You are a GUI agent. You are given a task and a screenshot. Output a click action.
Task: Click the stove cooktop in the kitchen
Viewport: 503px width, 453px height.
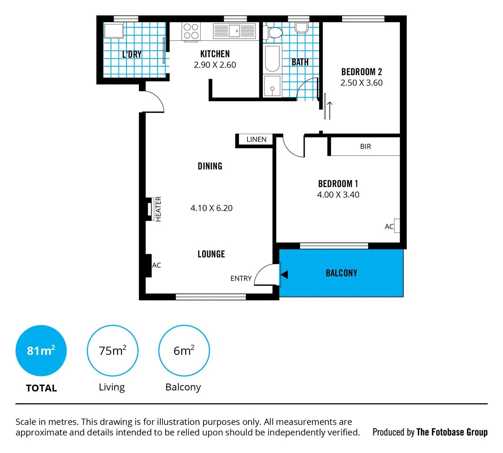pos(191,31)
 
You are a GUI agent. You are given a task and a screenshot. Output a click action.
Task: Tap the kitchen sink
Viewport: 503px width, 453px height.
pos(235,31)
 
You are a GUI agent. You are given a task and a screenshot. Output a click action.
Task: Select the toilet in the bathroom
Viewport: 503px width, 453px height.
pos(275,32)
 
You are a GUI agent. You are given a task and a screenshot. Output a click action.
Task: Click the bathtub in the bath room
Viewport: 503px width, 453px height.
pos(272,59)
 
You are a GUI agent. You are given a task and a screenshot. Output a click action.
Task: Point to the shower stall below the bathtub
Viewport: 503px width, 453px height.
pos(272,86)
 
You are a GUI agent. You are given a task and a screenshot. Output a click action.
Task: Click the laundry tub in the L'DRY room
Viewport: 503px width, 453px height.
pos(113,31)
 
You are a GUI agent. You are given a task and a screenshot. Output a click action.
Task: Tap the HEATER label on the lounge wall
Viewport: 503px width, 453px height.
pos(158,209)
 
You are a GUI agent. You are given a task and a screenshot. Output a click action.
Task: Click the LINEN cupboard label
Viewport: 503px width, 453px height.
pos(256,139)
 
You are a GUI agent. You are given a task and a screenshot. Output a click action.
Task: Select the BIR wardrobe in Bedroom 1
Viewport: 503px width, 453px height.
pos(365,146)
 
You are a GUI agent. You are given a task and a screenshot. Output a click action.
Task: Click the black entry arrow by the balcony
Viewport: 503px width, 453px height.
pos(285,275)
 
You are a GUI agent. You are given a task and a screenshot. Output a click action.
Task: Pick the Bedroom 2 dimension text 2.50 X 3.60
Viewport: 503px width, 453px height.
pos(361,83)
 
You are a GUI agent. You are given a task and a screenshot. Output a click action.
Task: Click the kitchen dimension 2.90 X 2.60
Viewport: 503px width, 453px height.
pos(215,65)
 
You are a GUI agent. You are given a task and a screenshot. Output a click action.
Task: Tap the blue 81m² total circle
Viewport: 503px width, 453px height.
pos(41,351)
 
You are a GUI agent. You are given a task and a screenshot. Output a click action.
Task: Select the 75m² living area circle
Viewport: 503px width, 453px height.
pos(112,351)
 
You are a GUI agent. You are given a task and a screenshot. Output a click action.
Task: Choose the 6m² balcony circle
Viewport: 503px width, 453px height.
pos(184,351)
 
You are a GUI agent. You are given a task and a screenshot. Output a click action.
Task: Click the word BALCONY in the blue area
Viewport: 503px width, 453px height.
pos(341,273)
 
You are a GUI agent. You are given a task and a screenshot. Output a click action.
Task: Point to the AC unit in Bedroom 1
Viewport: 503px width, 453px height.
pos(397,226)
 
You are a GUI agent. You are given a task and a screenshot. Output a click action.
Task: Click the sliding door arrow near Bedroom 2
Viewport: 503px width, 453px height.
pos(330,110)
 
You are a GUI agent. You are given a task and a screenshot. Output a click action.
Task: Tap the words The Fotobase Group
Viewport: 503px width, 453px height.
pos(452,432)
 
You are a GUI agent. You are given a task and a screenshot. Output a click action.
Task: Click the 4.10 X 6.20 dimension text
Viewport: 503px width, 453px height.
pos(212,208)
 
